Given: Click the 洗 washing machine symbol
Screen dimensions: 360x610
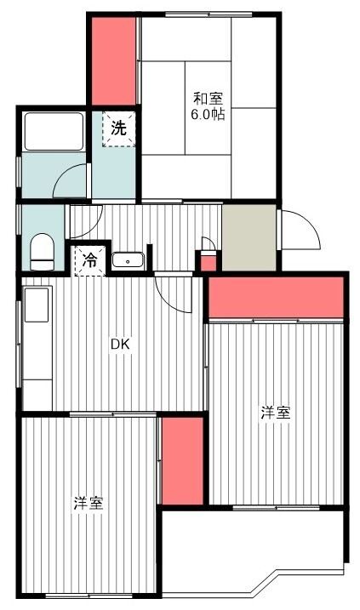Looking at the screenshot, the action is pos(118,128).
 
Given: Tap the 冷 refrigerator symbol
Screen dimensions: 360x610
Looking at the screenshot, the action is pos(90,260).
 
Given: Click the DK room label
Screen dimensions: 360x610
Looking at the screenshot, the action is pos(119,344).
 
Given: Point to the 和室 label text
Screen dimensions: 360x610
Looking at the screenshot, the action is pos(209,99).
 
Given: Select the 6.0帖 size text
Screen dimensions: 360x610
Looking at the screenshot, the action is pos(208,114).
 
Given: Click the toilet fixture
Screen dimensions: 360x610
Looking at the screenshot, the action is pos(42,252).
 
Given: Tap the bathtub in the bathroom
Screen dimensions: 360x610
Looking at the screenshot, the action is pos(54,132).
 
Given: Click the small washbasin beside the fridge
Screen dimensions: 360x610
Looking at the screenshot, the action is pos(128,259).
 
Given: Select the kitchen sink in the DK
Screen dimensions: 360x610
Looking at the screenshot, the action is pos(37,305).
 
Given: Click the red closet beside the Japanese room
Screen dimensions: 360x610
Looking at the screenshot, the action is pos(114,61).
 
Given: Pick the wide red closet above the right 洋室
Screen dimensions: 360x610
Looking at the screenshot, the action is pos(277,298).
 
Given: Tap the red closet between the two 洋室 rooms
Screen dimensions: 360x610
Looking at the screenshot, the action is pos(182,461).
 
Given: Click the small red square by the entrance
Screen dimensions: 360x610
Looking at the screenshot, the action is pos(208,262).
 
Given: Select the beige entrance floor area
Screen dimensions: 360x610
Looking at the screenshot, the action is pos(249,237).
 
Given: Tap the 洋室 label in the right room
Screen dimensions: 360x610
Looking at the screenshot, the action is pos(276,413).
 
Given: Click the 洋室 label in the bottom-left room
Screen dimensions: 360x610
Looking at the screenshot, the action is pos(89,504).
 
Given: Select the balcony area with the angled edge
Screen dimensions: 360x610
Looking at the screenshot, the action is pos(253,552).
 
